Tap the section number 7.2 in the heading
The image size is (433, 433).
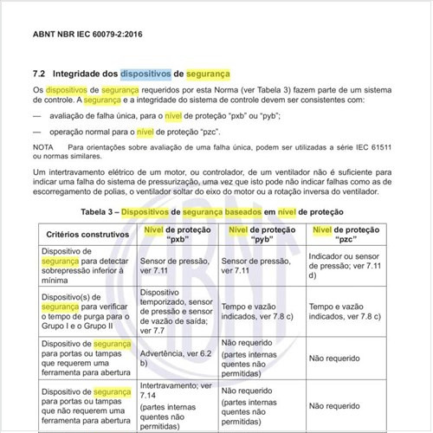39,74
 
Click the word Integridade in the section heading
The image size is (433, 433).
81,74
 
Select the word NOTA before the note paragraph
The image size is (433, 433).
43,148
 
